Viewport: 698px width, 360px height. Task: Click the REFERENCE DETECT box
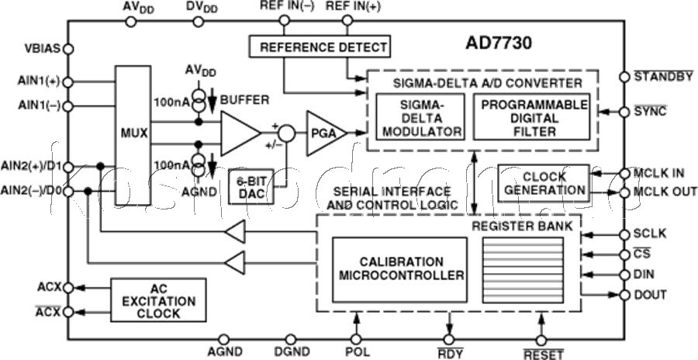tap(318, 47)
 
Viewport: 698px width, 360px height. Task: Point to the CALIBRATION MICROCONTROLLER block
tap(399, 268)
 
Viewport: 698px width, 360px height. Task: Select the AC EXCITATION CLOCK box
tap(157, 299)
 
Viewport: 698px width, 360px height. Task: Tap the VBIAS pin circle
tap(67, 49)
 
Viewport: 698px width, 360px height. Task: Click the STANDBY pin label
tap(663, 77)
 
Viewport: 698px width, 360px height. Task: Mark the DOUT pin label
tap(654, 295)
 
